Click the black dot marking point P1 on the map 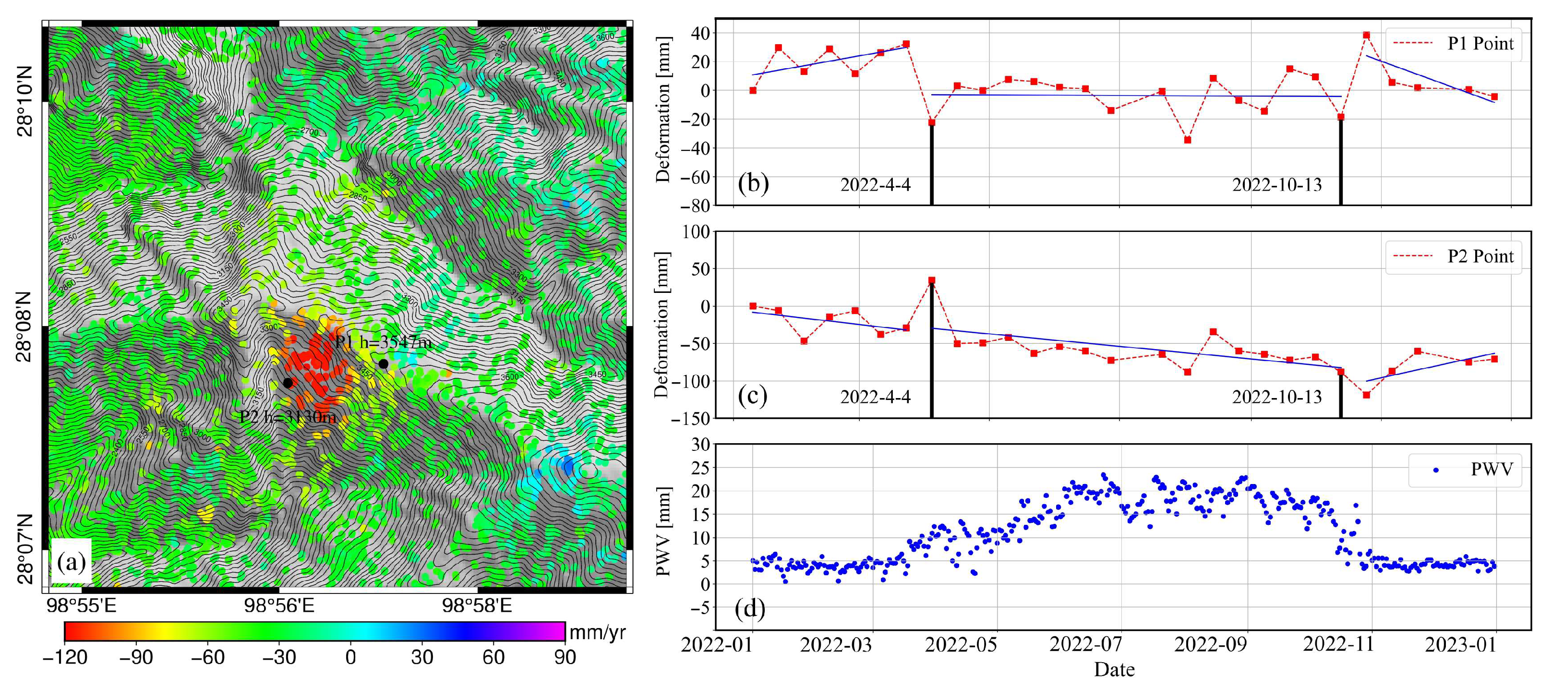tap(383, 363)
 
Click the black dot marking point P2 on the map tap(288, 383)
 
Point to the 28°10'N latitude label tap(24, 102)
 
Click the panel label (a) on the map tap(71, 562)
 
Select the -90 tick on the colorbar tap(136, 657)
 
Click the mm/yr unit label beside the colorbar tap(597, 632)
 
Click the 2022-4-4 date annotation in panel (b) tap(876, 184)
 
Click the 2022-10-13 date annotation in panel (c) tap(1276, 397)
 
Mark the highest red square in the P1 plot tap(1366, 36)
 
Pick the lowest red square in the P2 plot tap(1366, 395)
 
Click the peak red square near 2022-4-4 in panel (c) tap(931, 280)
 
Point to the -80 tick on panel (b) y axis tap(695, 206)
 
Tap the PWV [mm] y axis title tap(663, 531)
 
